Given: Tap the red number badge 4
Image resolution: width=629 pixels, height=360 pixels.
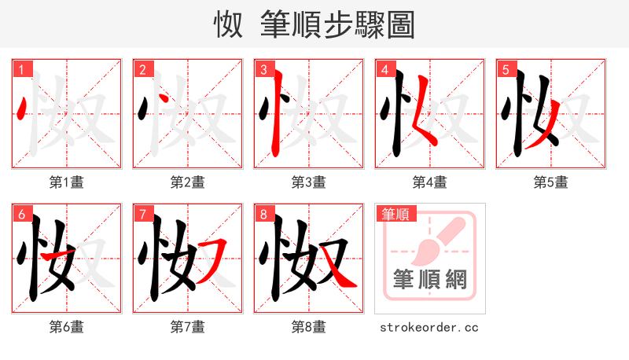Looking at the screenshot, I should point(384,69).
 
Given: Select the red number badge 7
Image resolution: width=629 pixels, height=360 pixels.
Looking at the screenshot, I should point(142,214).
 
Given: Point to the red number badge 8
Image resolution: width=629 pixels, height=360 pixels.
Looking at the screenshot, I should point(263,214).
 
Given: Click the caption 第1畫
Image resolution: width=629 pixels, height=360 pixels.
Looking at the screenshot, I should point(67,182).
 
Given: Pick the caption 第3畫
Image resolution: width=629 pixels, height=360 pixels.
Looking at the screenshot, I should point(309,182).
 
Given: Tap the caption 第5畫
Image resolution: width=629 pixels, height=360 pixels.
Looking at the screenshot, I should point(551,182).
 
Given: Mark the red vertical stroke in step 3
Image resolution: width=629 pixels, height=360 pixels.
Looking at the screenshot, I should point(274,118).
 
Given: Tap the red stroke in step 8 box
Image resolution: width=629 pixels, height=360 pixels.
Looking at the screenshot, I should point(338,271).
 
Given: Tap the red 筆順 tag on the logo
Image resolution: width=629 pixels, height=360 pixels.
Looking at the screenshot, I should point(395,214).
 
